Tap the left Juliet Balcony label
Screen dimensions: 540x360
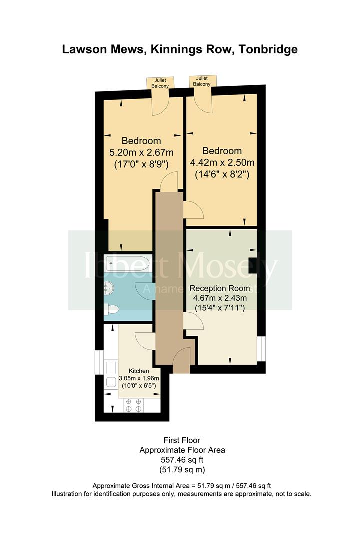(x=160, y=83)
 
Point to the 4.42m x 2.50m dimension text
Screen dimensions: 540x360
(x=222, y=162)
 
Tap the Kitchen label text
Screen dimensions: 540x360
(x=139, y=371)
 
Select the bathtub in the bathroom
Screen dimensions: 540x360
(x=127, y=263)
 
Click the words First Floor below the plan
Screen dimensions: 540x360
(x=182, y=440)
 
